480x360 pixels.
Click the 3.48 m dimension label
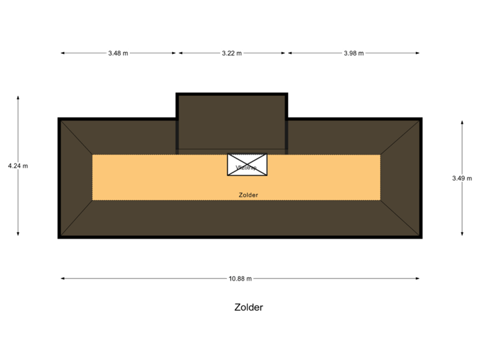coord(118,53)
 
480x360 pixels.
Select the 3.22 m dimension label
coord(232,53)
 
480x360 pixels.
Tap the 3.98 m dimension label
coord(353,53)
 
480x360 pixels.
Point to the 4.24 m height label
coord(18,165)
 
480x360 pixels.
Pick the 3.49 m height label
coord(462,178)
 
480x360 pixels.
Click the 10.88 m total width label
coord(240,279)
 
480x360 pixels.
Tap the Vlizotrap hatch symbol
coord(247,165)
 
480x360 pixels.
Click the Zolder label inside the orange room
coord(248,195)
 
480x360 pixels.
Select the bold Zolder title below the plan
coord(249,307)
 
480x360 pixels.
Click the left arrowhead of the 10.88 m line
coord(62,279)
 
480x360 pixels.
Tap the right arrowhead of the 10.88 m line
coord(418,279)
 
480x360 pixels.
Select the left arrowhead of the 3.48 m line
coord(62,53)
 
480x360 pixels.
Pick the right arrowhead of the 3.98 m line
coord(418,53)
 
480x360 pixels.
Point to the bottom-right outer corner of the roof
coord(421,237)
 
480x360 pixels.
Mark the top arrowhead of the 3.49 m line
coord(462,122)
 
